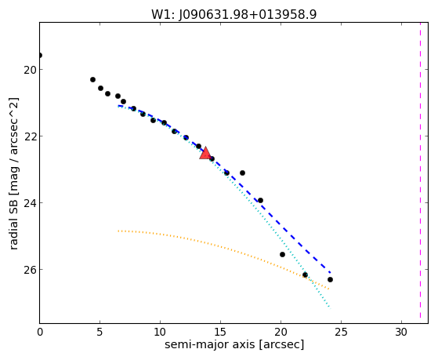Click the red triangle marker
(x=205, y=154)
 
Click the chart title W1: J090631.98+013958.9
(x=234, y=15)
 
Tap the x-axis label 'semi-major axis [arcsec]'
(x=234, y=344)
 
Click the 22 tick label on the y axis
(x=31, y=136)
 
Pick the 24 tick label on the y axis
(x=31, y=203)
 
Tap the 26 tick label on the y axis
(x=31, y=269)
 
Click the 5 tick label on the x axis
(x=100, y=332)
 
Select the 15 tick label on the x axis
(x=220, y=332)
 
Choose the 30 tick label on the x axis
(x=401, y=332)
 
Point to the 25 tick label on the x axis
(x=341, y=332)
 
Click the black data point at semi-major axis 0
(x=40, y=56)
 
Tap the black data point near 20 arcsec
(x=282, y=255)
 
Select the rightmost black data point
(x=330, y=279)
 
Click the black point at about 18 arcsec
(x=260, y=200)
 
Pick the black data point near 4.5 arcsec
(x=92, y=80)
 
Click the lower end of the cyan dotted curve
(x=330, y=307)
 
